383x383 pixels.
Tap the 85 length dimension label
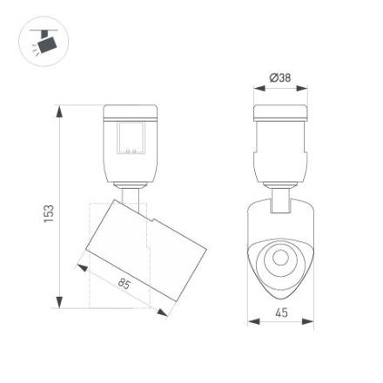(x=124, y=284)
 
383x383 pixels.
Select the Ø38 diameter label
(x=280, y=78)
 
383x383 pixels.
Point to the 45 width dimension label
(x=281, y=312)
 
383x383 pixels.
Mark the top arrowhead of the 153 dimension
(x=60, y=111)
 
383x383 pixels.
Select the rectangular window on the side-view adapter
(x=131, y=137)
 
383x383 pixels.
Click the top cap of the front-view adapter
(x=281, y=111)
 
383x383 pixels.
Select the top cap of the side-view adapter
(x=131, y=111)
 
